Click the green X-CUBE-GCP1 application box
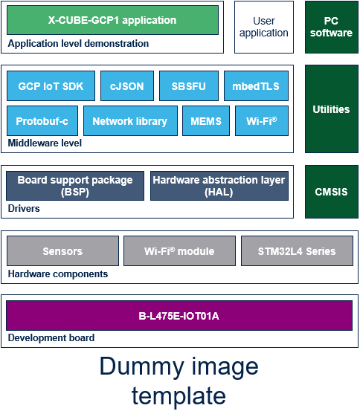pos(112,20)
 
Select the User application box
pos(264,27)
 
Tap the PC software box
pos(332,27)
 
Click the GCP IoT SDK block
pos(51,85)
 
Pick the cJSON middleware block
pos(127,85)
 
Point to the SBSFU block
pos(189,85)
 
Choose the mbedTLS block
pos(256,85)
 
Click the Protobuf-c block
pos(42,121)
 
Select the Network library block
pos(130,121)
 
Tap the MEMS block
pos(206,121)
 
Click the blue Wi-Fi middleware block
pos(262,121)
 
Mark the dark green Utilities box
pos(332,109)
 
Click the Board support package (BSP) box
pos(75,186)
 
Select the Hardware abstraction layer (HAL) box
pos(219,186)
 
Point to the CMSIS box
pos(332,192)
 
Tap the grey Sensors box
pos(62,250)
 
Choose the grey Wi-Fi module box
pos(179,250)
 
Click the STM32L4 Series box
pos(297,250)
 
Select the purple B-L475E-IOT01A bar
pos(179,315)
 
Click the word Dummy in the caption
pos(141,366)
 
